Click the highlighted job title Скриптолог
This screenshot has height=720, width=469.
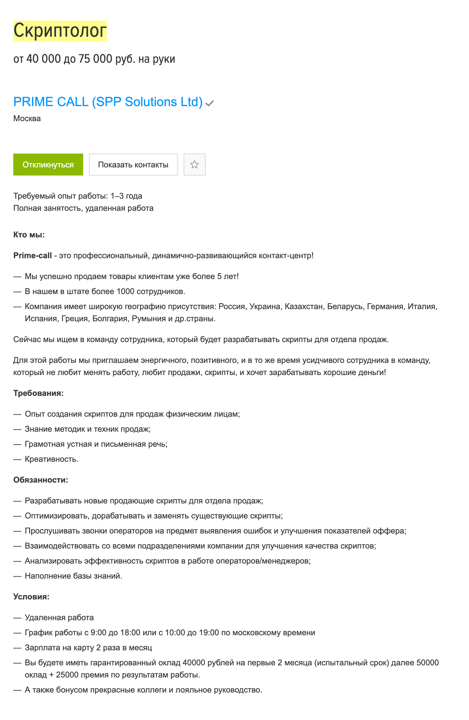(60, 31)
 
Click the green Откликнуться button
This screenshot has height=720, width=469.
(48, 165)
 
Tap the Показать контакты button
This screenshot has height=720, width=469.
(133, 165)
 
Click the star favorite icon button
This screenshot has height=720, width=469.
(194, 165)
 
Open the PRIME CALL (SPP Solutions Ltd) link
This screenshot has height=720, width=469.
(108, 102)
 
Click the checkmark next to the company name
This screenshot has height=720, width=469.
(209, 104)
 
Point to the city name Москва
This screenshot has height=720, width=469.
(27, 119)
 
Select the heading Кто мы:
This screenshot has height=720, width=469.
(29, 235)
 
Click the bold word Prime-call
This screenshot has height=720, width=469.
(33, 256)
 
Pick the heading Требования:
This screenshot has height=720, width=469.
(38, 393)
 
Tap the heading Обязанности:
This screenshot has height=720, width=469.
(40, 480)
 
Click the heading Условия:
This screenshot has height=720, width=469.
(31, 597)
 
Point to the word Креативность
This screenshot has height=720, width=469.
(51, 459)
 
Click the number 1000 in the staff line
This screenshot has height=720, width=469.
(125, 292)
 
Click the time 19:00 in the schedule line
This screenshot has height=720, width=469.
(207, 633)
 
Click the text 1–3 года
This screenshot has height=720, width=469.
(126, 196)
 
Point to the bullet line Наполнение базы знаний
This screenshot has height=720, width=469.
(73, 576)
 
